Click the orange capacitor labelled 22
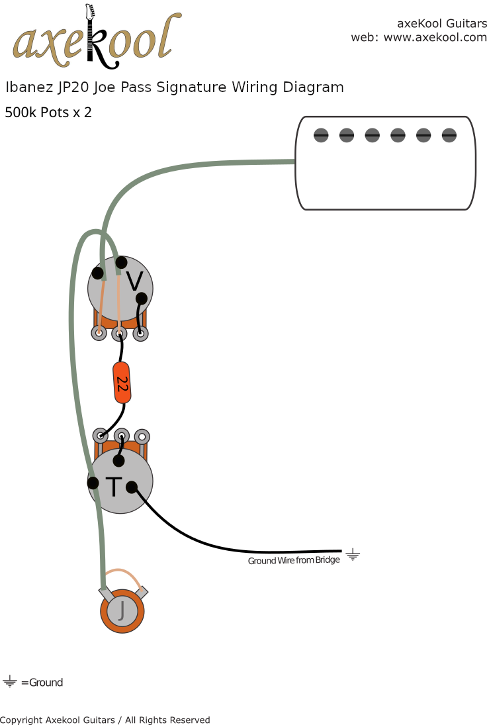point(122,383)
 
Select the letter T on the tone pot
point(114,487)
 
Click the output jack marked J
point(122,611)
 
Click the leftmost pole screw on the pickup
point(321,136)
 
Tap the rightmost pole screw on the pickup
point(449,136)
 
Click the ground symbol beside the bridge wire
point(353,554)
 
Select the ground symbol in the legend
point(10,681)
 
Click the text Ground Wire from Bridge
point(294,560)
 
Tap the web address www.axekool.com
point(435,38)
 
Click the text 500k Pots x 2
point(48,113)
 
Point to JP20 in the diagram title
point(73,87)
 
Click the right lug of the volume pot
point(141,334)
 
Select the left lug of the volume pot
point(99,333)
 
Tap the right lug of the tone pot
point(142,436)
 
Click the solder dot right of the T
point(132,487)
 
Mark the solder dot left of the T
point(93,483)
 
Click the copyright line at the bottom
point(105,720)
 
